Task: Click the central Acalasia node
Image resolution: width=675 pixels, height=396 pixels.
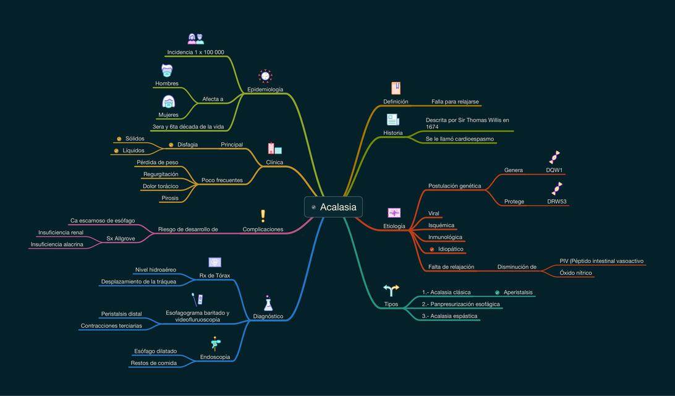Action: click(x=333, y=207)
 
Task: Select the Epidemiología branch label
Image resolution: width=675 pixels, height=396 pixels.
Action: click(x=265, y=90)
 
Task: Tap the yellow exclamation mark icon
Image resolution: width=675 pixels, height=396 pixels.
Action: click(x=263, y=216)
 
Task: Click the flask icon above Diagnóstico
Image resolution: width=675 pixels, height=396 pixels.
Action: click(x=268, y=303)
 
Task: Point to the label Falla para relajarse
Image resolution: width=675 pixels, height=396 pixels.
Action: click(x=455, y=101)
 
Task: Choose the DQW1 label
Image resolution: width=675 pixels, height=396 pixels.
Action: click(x=554, y=170)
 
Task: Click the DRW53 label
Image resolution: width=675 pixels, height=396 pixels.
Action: click(x=556, y=202)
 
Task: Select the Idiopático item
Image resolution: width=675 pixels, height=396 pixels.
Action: click(x=451, y=249)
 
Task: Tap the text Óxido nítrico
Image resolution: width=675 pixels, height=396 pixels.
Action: click(x=575, y=273)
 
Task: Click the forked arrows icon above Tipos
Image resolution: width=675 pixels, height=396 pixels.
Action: click(x=391, y=290)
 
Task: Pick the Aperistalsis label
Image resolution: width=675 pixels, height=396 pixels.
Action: click(x=518, y=292)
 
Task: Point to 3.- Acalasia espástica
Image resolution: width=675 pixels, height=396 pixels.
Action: click(x=449, y=316)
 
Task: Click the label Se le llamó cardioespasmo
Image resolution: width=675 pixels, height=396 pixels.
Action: click(x=460, y=139)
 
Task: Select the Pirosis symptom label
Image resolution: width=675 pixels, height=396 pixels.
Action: click(x=170, y=198)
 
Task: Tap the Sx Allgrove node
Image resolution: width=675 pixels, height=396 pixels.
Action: click(x=121, y=238)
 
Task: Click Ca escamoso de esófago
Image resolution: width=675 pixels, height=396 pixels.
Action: click(x=103, y=221)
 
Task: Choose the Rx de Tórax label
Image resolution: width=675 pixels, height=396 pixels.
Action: click(x=214, y=275)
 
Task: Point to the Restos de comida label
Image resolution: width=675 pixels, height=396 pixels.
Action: click(x=154, y=363)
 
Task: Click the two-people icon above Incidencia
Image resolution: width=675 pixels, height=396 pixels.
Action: click(x=196, y=39)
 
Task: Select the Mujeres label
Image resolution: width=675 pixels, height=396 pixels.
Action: click(x=168, y=115)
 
